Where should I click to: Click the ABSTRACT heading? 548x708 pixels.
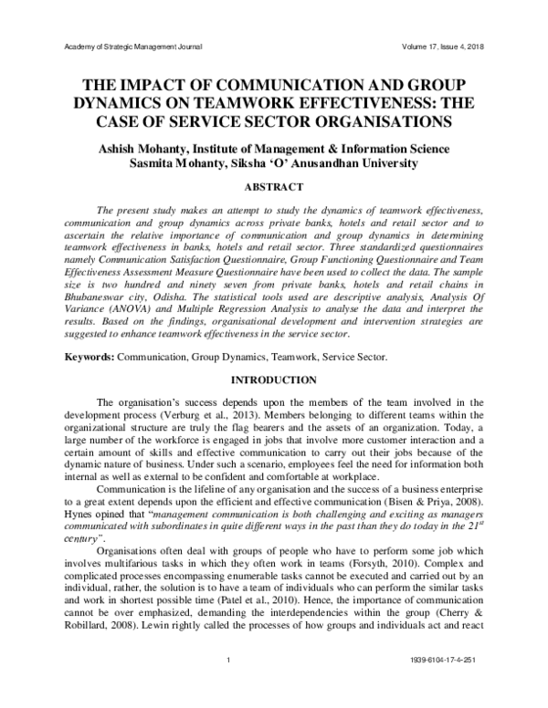[273, 187]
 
